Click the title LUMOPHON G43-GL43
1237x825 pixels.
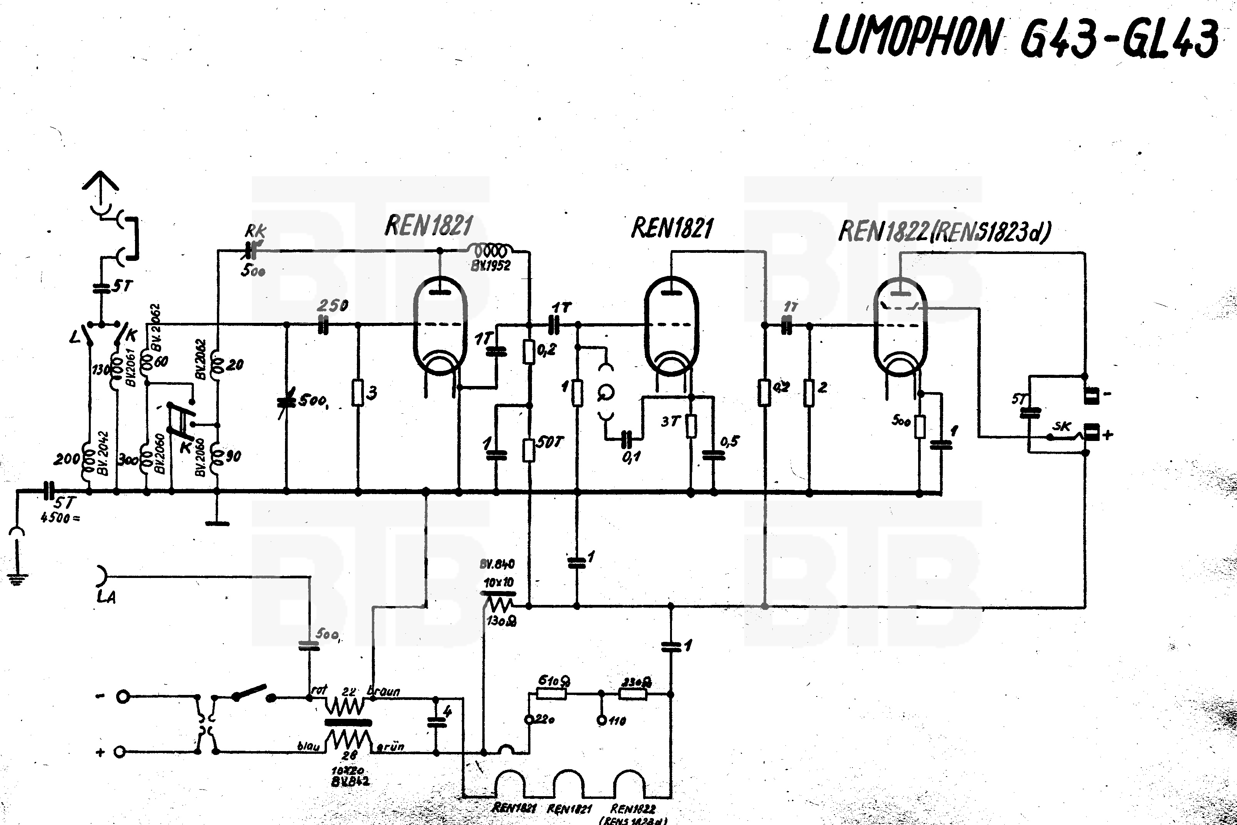(1015, 37)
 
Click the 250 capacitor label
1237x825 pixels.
(333, 306)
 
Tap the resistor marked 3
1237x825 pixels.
(358, 392)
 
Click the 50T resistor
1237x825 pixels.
(529, 450)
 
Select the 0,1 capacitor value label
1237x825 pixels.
(631, 457)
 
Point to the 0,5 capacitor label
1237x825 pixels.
(730, 441)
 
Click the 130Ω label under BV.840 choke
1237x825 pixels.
(501, 621)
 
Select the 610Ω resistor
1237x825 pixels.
(552, 694)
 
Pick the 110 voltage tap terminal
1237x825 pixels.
(602, 720)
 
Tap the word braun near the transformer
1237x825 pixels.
(385, 691)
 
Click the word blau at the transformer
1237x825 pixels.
(308, 746)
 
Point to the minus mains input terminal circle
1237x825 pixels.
(123, 697)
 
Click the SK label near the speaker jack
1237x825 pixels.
(1061, 427)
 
